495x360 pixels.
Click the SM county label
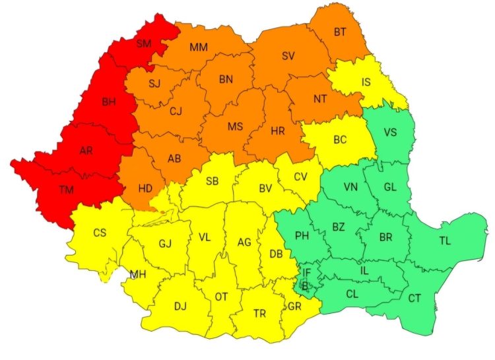(143, 44)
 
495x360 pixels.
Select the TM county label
(66, 190)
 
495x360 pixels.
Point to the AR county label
(86, 151)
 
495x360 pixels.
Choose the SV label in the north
(288, 56)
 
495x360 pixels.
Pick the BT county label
(340, 32)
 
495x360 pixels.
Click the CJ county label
(176, 111)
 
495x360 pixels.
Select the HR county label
(277, 131)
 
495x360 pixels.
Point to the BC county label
(340, 140)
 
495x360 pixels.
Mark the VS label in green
(391, 131)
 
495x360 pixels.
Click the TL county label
(445, 241)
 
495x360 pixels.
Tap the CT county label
(414, 299)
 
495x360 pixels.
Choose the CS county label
(99, 233)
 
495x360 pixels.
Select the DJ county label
(180, 306)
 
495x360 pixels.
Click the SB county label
(212, 181)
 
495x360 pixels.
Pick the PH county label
(302, 235)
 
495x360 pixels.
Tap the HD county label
(145, 188)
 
